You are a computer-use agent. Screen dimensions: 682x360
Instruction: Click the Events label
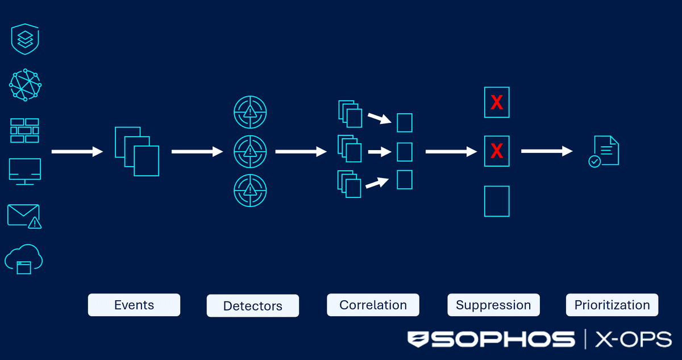(134, 305)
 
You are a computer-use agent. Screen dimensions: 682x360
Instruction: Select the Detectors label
(253, 306)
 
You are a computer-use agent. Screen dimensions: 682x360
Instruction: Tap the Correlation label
(373, 305)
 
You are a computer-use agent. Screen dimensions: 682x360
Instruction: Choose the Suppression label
(493, 305)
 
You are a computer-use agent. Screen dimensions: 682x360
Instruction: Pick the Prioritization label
(612, 305)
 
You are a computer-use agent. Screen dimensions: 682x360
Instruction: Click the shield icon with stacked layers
(25, 39)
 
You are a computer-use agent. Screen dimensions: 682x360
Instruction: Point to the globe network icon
(25, 85)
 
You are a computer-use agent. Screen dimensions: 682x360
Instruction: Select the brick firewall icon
(24, 131)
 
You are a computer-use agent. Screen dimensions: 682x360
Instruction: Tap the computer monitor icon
(25, 172)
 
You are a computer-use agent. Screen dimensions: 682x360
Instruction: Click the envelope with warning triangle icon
(24, 217)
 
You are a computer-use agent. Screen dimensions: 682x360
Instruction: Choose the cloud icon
(24, 259)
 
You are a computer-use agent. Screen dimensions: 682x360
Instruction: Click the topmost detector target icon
(250, 112)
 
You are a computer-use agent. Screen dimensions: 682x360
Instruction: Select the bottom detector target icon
(250, 191)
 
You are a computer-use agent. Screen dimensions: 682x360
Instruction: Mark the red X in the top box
(497, 102)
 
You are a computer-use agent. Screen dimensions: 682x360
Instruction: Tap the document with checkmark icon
(604, 151)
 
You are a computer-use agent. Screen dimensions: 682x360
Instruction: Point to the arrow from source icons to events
(77, 151)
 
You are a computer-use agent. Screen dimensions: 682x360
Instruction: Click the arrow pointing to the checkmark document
(547, 151)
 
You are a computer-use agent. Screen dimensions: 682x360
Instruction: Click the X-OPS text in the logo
(633, 339)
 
